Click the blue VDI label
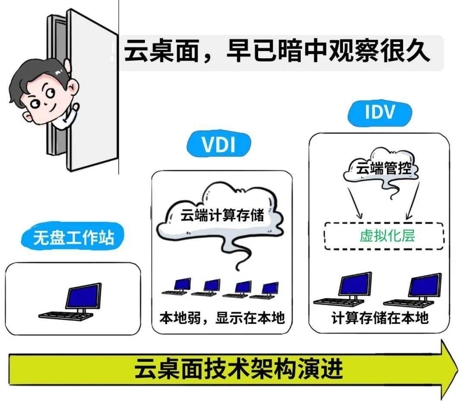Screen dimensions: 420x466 219,145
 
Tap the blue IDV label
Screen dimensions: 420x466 380,112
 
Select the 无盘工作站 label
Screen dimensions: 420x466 74,237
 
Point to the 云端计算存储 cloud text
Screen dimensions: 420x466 222,215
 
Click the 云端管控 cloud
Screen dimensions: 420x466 380,169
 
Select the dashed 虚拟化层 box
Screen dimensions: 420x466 384,236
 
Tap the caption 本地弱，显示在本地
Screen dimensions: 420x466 222,318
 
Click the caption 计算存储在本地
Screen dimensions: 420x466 380,318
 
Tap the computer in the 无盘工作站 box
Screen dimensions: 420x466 73,302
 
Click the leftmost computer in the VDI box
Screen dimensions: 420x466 177,287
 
